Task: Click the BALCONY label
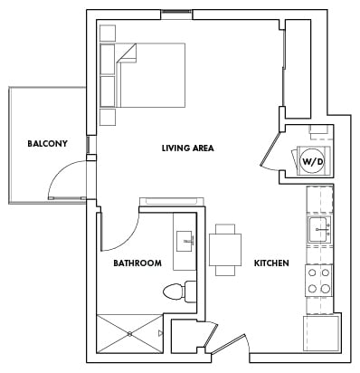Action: [x=47, y=144]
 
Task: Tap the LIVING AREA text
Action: [x=187, y=148]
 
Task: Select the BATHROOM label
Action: [x=137, y=263]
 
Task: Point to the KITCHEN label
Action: [x=271, y=263]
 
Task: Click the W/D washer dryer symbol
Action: [x=311, y=162]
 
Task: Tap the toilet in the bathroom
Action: [x=179, y=292]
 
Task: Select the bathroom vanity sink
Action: [x=187, y=240]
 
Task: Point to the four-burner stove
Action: [x=318, y=281]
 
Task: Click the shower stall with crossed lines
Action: [x=130, y=334]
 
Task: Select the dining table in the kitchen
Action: [x=226, y=250]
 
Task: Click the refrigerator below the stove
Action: [x=321, y=331]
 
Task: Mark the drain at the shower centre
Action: [x=130, y=334]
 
